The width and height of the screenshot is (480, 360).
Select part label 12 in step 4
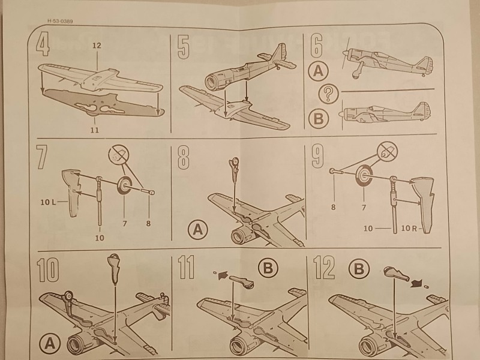click(97, 46)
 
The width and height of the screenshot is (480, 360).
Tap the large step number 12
click(324, 270)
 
